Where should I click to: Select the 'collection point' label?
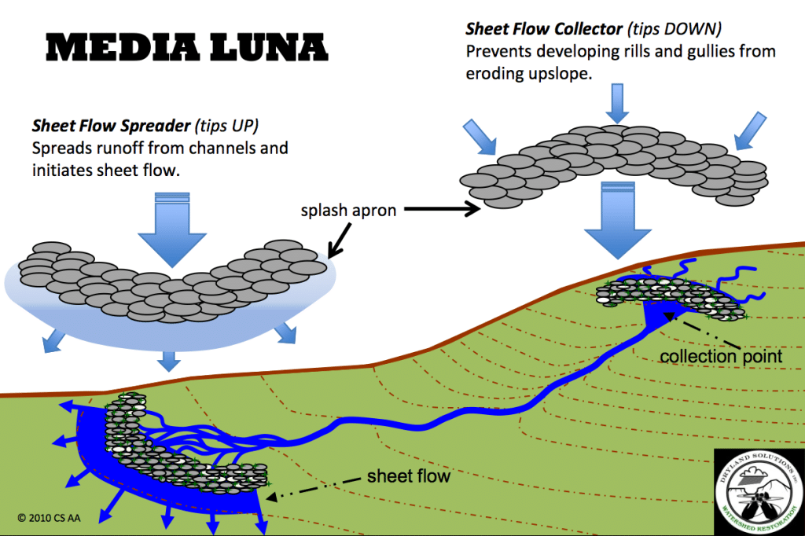721,355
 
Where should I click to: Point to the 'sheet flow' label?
409,476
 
